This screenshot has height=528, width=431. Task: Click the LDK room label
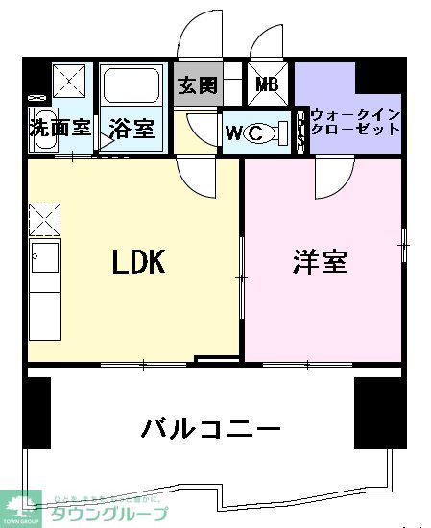tap(140, 261)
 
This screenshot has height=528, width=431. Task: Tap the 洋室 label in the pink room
tap(320, 261)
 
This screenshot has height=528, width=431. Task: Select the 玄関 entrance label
tap(198, 84)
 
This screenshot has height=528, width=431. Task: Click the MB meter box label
tap(267, 84)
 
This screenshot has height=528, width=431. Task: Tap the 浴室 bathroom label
tap(132, 127)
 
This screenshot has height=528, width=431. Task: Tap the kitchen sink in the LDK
tap(44, 258)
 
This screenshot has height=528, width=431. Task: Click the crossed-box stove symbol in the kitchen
tap(44, 220)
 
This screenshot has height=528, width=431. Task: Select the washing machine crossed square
tap(71, 79)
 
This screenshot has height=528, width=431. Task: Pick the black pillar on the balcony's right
tap(377, 412)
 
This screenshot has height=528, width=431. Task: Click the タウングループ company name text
tap(121, 514)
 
